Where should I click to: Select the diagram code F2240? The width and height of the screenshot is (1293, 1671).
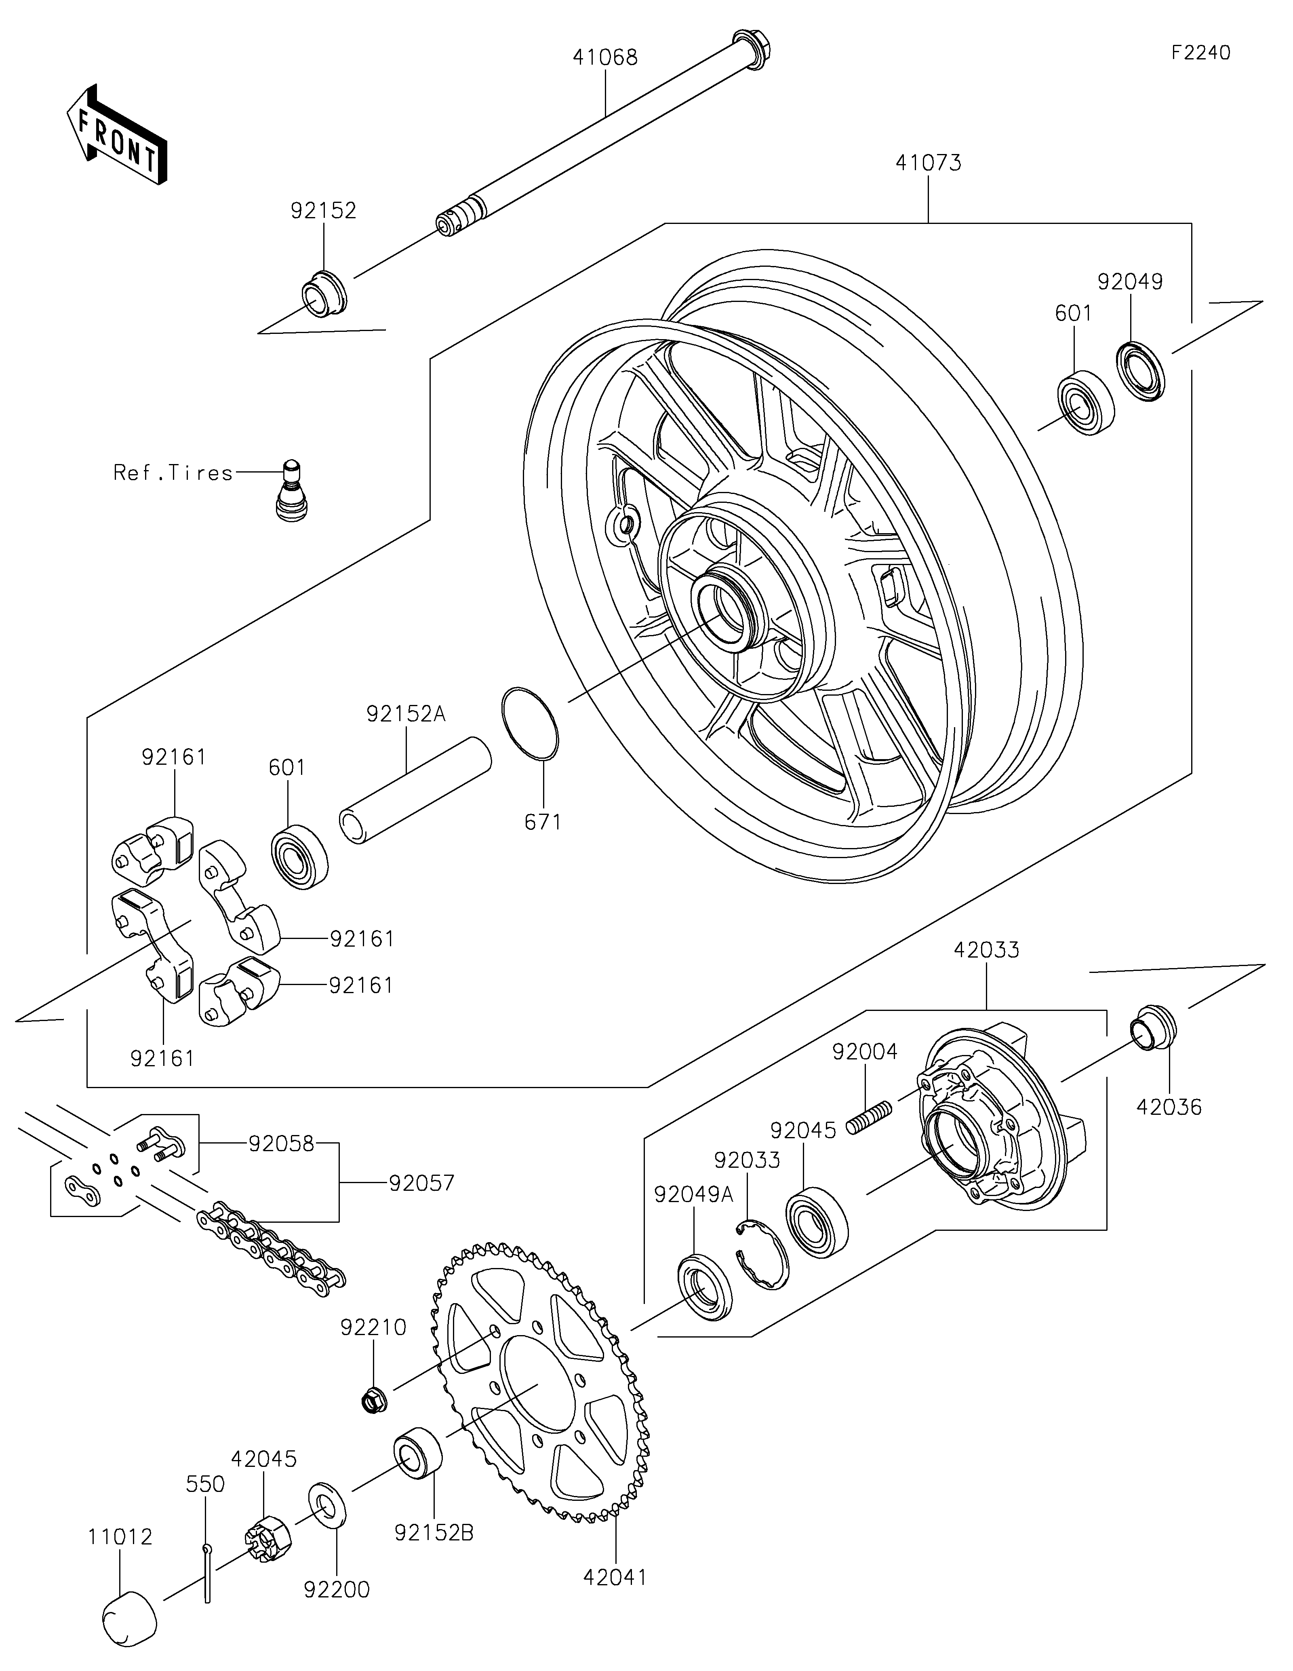pyautogui.click(x=1200, y=53)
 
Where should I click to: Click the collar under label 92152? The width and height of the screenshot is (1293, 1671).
pyautogui.click(x=323, y=294)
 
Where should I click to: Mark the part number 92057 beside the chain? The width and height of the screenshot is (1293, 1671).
pyautogui.click(x=421, y=1183)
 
